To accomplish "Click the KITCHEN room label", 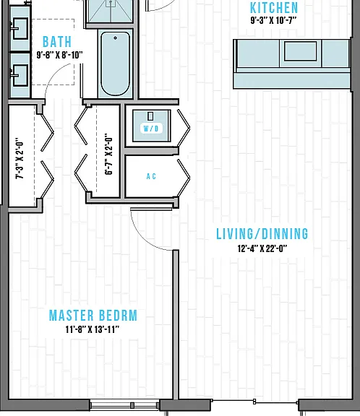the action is pyautogui.click(x=274, y=8).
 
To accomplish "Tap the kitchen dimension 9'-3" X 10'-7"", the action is pyautogui.click(x=273, y=20).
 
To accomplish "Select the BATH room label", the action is pyautogui.click(x=57, y=42).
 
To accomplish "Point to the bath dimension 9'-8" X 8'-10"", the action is pyautogui.click(x=59, y=55).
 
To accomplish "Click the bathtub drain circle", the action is pyautogui.click(x=115, y=38).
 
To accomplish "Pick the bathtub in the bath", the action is pyautogui.click(x=115, y=64).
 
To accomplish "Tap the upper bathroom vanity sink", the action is pyautogui.click(x=20, y=28).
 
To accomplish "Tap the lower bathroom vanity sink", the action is pyautogui.click(x=20, y=75).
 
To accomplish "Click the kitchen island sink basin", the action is pyautogui.click(x=300, y=51).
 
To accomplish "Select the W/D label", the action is pyautogui.click(x=151, y=129).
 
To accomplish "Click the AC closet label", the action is pyautogui.click(x=151, y=176).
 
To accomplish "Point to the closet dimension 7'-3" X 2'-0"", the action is pyautogui.click(x=20, y=158).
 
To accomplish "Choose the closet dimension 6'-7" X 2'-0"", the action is pyautogui.click(x=109, y=154).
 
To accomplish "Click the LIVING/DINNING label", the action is pyautogui.click(x=262, y=234).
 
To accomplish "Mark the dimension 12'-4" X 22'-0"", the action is pyautogui.click(x=262, y=248).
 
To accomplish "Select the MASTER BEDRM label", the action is pyautogui.click(x=93, y=316).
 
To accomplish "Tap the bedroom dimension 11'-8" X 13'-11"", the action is pyautogui.click(x=92, y=329).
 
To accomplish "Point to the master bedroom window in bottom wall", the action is pyautogui.click(x=124, y=405).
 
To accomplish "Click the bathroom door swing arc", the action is pyautogui.click(x=52, y=71).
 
